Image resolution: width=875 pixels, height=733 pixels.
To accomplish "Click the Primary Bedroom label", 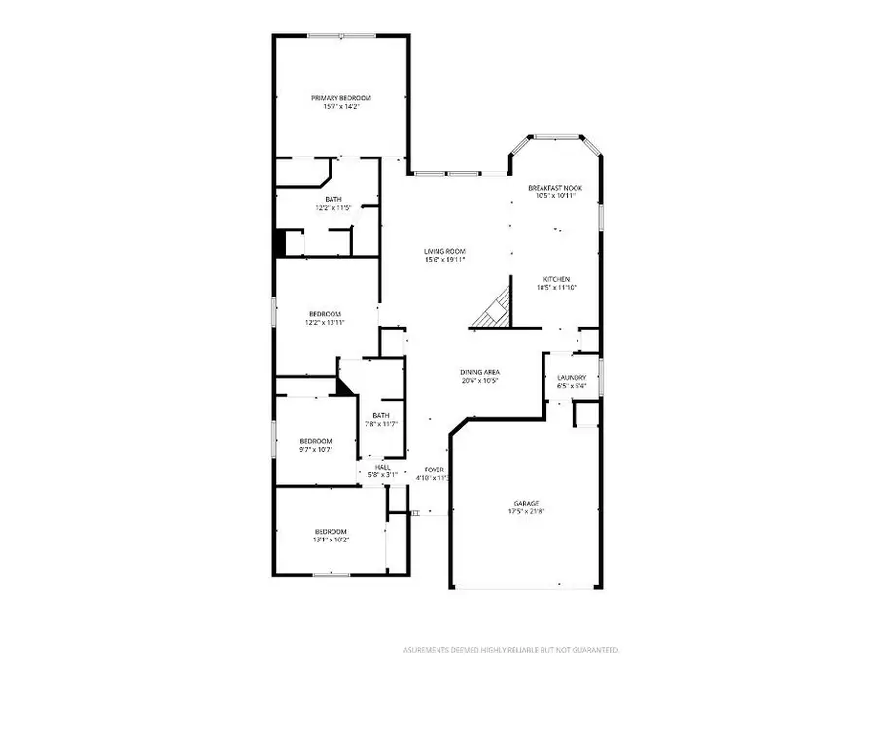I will (341, 98).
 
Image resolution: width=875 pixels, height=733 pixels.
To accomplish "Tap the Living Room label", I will (444, 252).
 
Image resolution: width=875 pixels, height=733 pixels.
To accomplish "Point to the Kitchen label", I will (556, 279).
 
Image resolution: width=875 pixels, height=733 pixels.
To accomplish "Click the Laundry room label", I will (571, 378).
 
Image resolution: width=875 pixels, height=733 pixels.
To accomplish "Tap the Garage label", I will (526, 503).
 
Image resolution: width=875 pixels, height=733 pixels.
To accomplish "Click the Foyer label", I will (434, 470).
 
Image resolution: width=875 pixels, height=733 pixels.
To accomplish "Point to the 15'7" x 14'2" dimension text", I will (341, 106).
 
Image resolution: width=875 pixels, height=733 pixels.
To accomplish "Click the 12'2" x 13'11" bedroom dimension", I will (325, 322).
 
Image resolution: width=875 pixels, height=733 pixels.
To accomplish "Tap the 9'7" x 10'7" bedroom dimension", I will (315, 449).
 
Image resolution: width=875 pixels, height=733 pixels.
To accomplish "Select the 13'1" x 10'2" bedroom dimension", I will (331, 539).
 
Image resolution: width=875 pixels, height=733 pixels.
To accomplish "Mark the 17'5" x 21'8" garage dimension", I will (526, 511).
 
